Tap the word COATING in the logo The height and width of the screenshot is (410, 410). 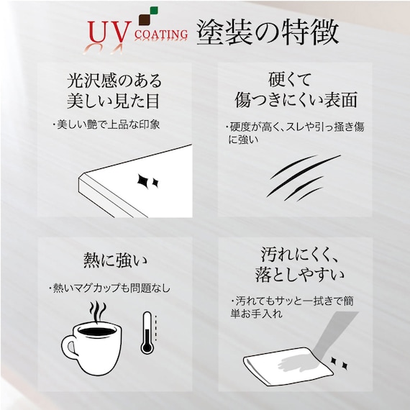[x=161, y=35]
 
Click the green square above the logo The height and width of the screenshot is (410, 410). [x=154, y=10]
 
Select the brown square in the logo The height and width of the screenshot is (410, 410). [x=145, y=20]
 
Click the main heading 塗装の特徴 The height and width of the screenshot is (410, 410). [x=268, y=32]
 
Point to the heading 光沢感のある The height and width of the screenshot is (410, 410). [x=114, y=81]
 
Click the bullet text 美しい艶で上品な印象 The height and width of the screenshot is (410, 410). [x=108, y=124]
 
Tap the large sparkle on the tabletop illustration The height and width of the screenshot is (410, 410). [x=143, y=181]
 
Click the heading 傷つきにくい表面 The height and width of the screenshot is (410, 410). [x=296, y=100]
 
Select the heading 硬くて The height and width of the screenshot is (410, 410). [x=290, y=79]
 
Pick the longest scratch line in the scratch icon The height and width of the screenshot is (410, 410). [x=304, y=176]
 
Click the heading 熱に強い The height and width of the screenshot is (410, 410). [x=115, y=260]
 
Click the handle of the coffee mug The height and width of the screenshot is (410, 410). [x=68, y=347]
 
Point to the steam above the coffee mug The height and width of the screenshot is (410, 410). [x=98, y=311]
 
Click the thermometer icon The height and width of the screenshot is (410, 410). [x=147, y=332]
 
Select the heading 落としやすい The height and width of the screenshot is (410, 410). [x=300, y=275]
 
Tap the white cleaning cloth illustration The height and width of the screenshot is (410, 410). [x=288, y=366]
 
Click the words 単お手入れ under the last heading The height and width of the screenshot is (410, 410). [x=256, y=313]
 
